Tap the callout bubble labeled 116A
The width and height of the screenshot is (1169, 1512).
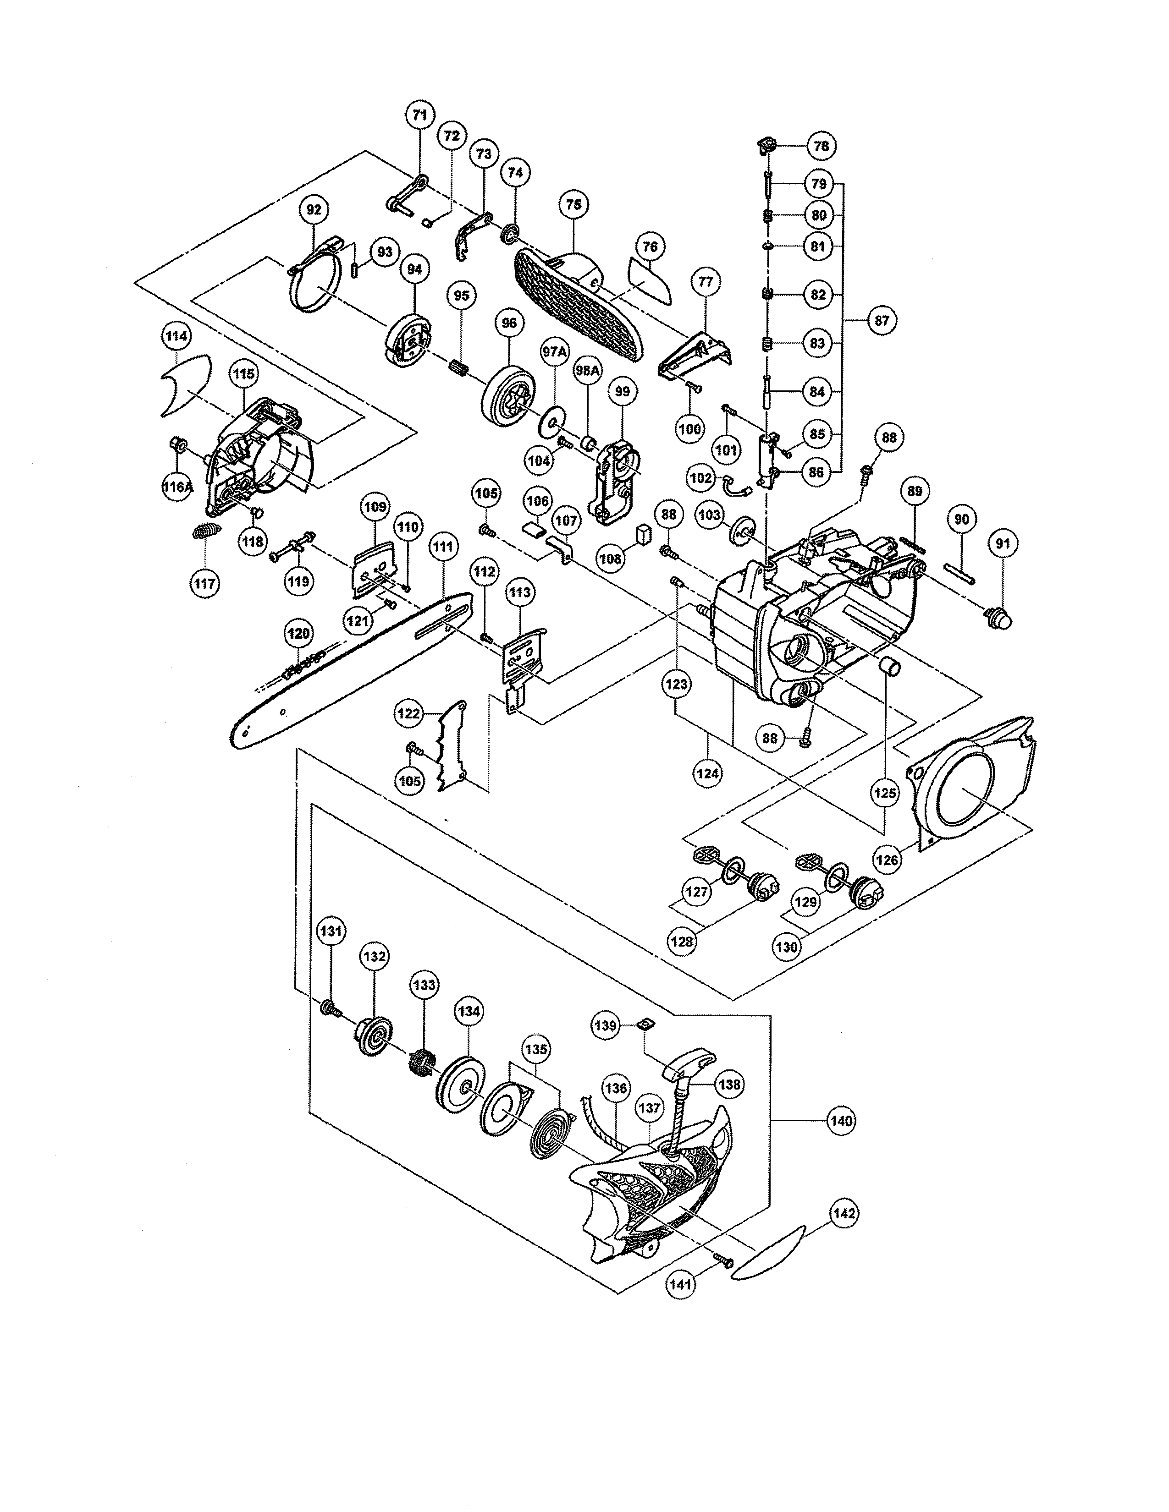point(177,487)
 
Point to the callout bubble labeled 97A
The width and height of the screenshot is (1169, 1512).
point(554,352)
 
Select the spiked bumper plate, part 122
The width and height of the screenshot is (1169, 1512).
point(451,748)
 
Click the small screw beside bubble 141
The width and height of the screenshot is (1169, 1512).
point(724,1261)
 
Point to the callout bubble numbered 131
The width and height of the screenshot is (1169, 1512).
point(331,932)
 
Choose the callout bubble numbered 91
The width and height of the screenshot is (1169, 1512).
point(1003,544)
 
